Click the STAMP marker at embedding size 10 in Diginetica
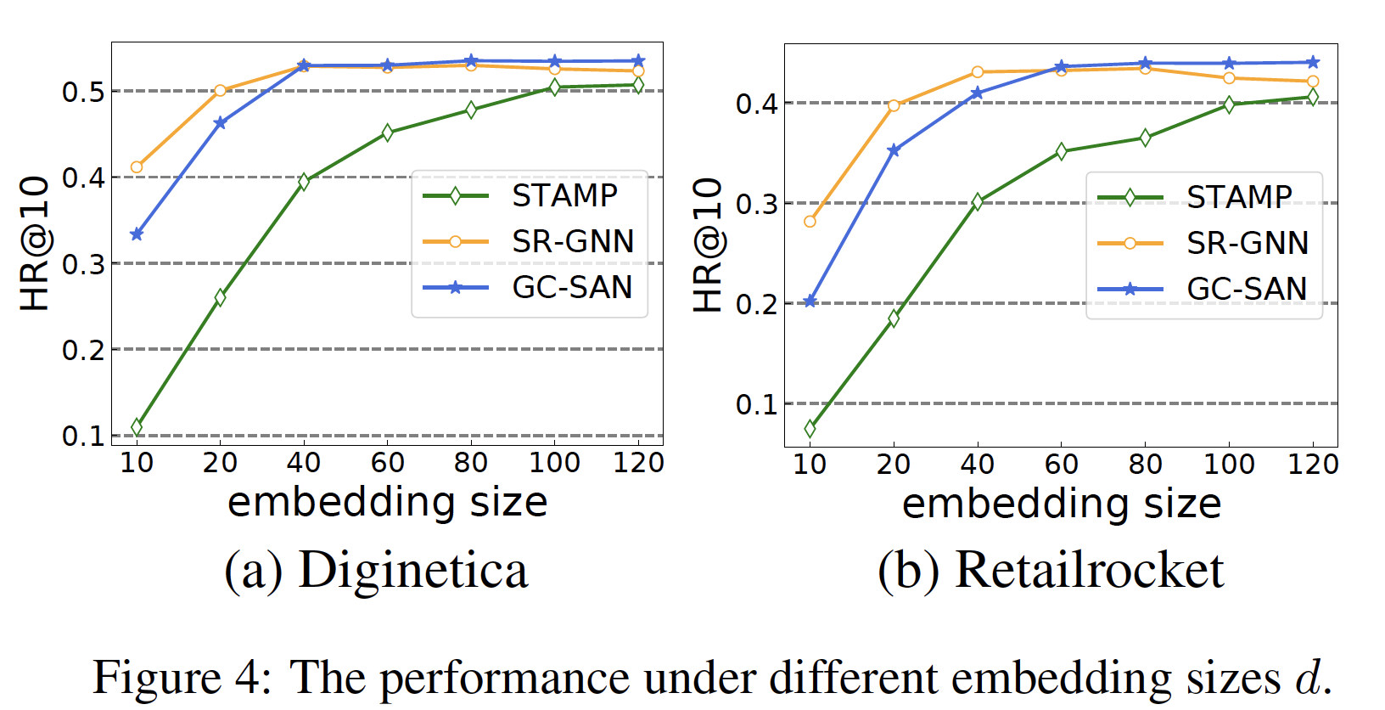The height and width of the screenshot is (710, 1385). pyautogui.click(x=137, y=426)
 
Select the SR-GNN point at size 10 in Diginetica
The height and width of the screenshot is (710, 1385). pyautogui.click(x=137, y=167)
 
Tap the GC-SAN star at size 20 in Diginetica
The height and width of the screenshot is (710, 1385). pyautogui.click(x=221, y=123)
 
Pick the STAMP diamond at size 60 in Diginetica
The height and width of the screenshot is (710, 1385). pyautogui.click(x=388, y=132)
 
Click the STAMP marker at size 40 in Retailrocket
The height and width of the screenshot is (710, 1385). pyautogui.click(x=978, y=202)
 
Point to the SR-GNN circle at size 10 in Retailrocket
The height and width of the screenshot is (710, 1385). pyautogui.click(x=810, y=222)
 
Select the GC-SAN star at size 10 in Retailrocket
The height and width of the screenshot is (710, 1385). pyautogui.click(x=810, y=301)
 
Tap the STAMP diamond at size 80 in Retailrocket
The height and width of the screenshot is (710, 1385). pyautogui.click(x=1145, y=138)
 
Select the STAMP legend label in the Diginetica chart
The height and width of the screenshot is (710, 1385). pyautogui.click(x=564, y=196)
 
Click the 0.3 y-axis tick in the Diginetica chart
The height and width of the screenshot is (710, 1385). pyautogui.click(x=83, y=264)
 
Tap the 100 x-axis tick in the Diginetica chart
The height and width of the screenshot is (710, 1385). pyautogui.click(x=554, y=463)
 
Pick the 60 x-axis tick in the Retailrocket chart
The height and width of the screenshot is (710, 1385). pyautogui.click(x=1061, y=465)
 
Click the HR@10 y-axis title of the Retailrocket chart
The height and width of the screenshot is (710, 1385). pyautogui.click(x=708, y=245)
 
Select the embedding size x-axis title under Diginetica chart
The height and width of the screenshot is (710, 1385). pyautogui.click(x=387, y=502)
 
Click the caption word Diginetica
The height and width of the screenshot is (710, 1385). pyautogui.click(x=413, y=570)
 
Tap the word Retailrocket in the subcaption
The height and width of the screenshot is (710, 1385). pyautogui.click(x=1090, y=570)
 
